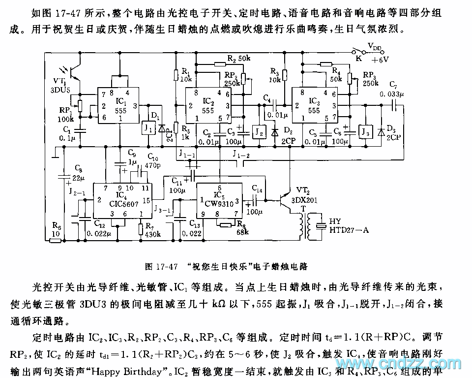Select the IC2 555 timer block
207,105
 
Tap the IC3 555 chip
314,105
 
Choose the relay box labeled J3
365,132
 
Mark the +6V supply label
380,60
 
